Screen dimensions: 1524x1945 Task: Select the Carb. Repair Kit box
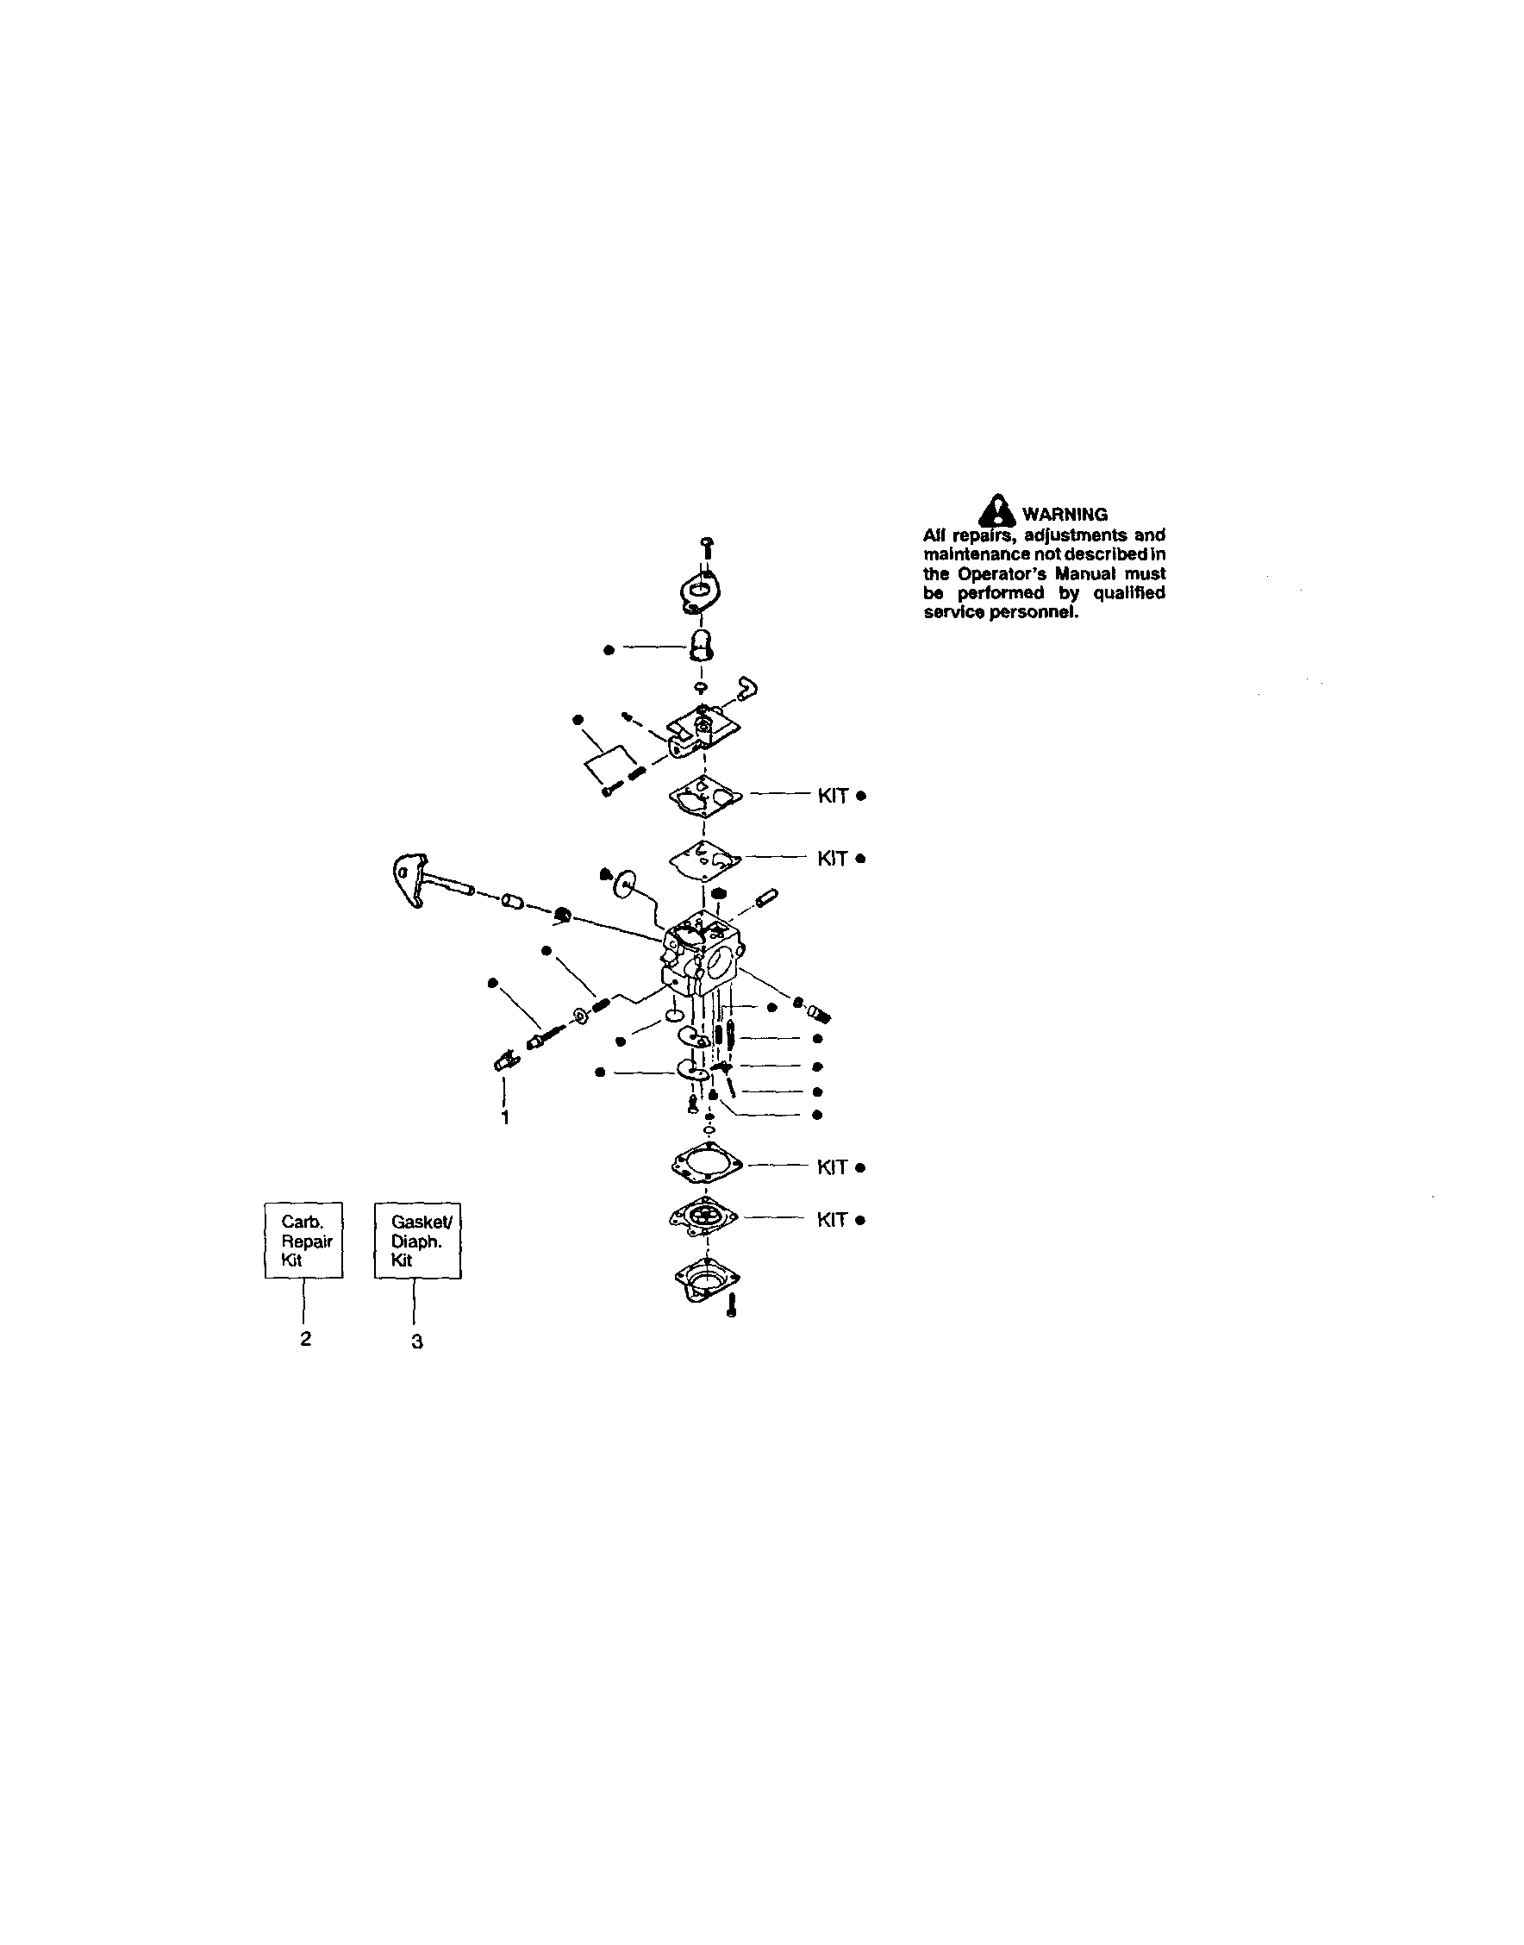tap(303, 1240)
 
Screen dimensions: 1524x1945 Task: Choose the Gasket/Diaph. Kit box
tap(416, 1240)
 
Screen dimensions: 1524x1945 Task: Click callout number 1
tap(505, 1117)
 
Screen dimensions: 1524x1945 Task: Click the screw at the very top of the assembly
tap(707, 548)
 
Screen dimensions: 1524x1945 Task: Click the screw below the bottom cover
tap(732, 1307)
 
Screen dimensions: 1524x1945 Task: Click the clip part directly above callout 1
tap(505, 1060)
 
